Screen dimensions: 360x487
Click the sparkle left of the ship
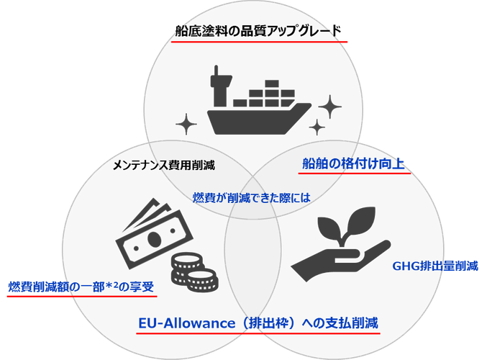[x=186, y=124]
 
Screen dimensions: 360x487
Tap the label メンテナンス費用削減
[x=164, y=165]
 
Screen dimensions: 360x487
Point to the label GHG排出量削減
[x=435, y=266]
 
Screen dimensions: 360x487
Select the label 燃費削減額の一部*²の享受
[x=81, y=287]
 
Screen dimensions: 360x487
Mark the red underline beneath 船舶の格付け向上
[x=355, y=173]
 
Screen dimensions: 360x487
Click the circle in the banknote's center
[x=153, y=238]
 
